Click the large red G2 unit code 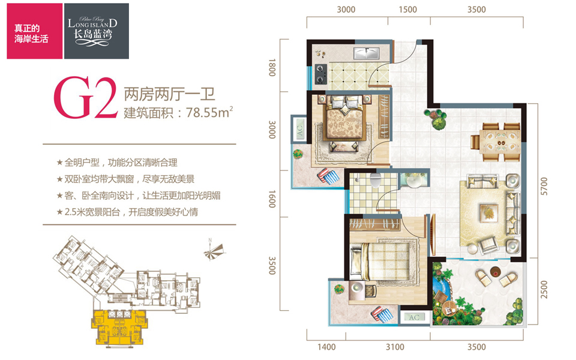(x=85, y=97)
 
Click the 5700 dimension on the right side (x=544, y=186)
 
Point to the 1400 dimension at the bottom (x=326, y=347)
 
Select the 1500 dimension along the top (x=408, y=10)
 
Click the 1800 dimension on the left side (x=272, y=68)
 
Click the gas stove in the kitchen (x=320, y=74)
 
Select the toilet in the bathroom (x=375, y=181)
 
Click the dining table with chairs (x=496, y=142)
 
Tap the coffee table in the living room (x=489, y=212)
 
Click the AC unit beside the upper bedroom (x=299, y=129)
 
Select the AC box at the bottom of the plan (x=414, y=317)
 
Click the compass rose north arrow (x=214, y=251)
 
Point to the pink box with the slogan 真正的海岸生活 (x=35, y=31)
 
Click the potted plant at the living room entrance (x=436, y=118)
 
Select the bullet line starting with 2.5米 (x=127, y=212)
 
